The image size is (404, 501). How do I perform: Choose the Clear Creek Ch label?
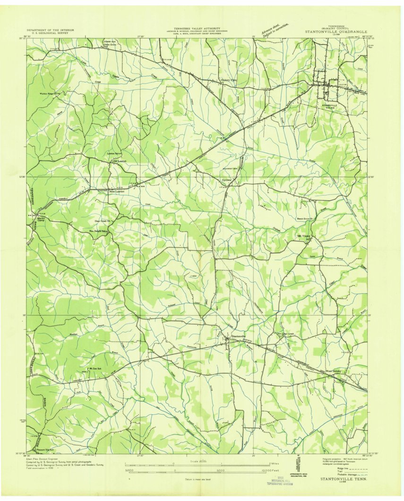coord(103,220)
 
